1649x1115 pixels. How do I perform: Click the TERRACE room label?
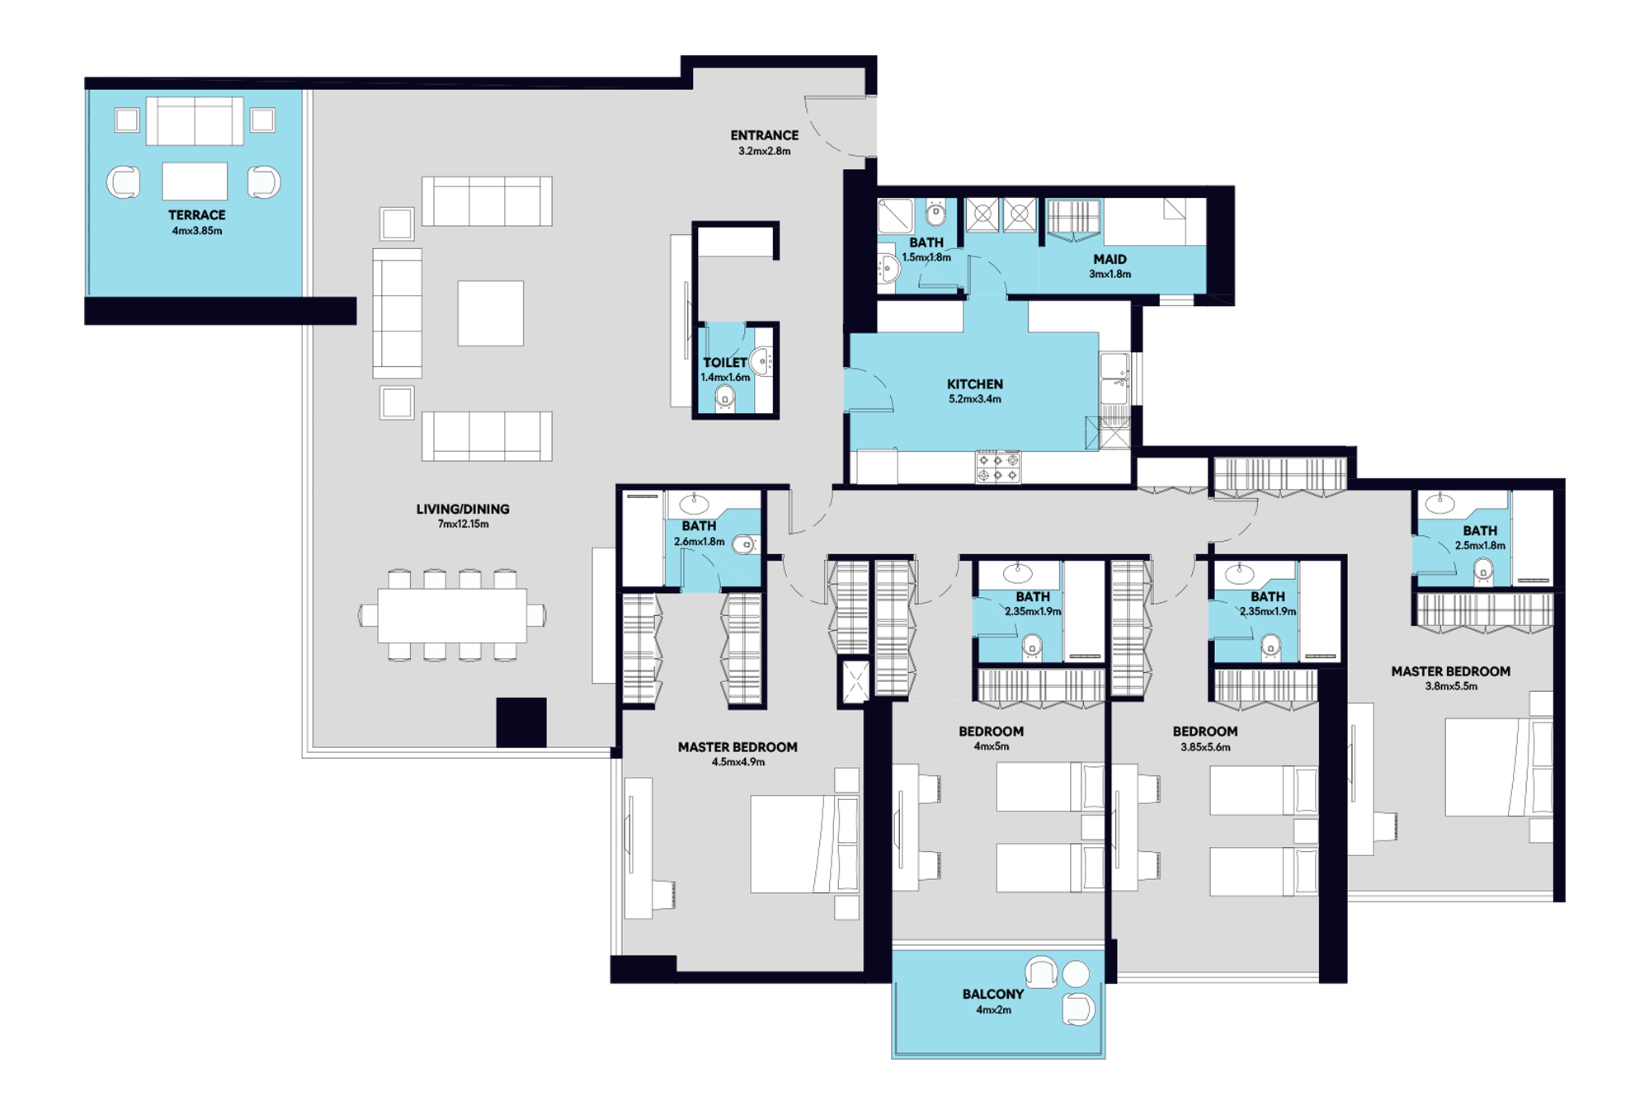(196, 214)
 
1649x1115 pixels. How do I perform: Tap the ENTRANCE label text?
(764, 135)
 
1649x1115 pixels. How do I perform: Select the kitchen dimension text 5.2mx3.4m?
(974, 399)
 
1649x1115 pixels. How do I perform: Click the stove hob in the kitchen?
(998, 468)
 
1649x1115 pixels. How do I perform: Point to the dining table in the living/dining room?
(452, 615)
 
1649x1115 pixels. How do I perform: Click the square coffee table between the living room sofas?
(491, 313)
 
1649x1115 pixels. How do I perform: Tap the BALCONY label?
(992, 995)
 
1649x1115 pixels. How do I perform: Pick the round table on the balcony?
(1076, 974)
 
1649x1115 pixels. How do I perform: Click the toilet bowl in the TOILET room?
(725, 398)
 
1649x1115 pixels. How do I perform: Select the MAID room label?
(1110, 259)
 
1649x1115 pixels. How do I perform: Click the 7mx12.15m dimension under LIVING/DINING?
(463, 525)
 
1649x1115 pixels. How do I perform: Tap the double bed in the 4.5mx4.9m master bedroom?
(804, 844)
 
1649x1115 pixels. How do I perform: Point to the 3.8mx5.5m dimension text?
(1451, 686)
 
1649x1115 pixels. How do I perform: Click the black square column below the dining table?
(521, 722)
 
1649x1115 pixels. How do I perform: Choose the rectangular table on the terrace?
(195, 181)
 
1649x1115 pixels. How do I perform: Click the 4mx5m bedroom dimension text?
(991, 746)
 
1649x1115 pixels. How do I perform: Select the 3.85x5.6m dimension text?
(1205, 747)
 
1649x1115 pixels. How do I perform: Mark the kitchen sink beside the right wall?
(1114, 379)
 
